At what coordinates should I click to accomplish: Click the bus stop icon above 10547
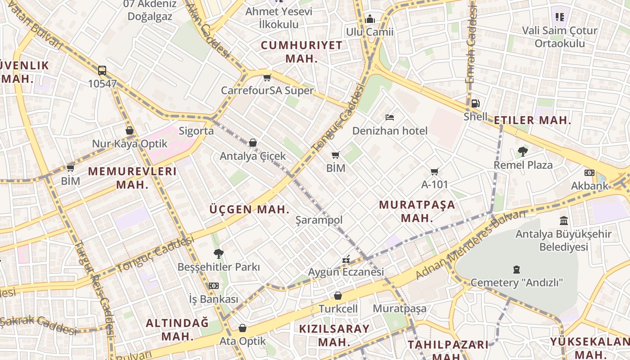(x=102, y=71)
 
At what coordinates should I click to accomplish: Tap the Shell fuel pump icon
(x=475, y=103)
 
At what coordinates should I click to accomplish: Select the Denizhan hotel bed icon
(x=390, y=118)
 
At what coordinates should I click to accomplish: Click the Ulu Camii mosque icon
(x=370, y=19)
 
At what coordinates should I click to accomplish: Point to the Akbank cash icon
(x=589, y=173)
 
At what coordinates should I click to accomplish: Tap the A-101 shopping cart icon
(x=434, y=171)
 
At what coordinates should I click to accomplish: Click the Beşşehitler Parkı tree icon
(x=219, y=254)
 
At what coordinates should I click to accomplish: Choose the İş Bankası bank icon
(x=213, y=286)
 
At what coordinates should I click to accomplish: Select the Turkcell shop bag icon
(x=338, y=296)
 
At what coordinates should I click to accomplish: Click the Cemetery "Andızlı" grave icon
(x=517, y=270)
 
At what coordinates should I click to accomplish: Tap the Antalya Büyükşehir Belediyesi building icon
(x=563, y=220)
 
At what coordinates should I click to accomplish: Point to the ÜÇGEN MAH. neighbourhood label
(x=249, y=209)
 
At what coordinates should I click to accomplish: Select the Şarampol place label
(x=319, y=220)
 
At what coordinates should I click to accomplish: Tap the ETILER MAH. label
(x=532, y=120)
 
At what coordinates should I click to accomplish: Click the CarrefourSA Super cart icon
(x=267, y=77)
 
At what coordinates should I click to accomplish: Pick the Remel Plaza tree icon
(x=522, y=152)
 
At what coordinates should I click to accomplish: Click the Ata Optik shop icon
(x=243, y=328)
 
